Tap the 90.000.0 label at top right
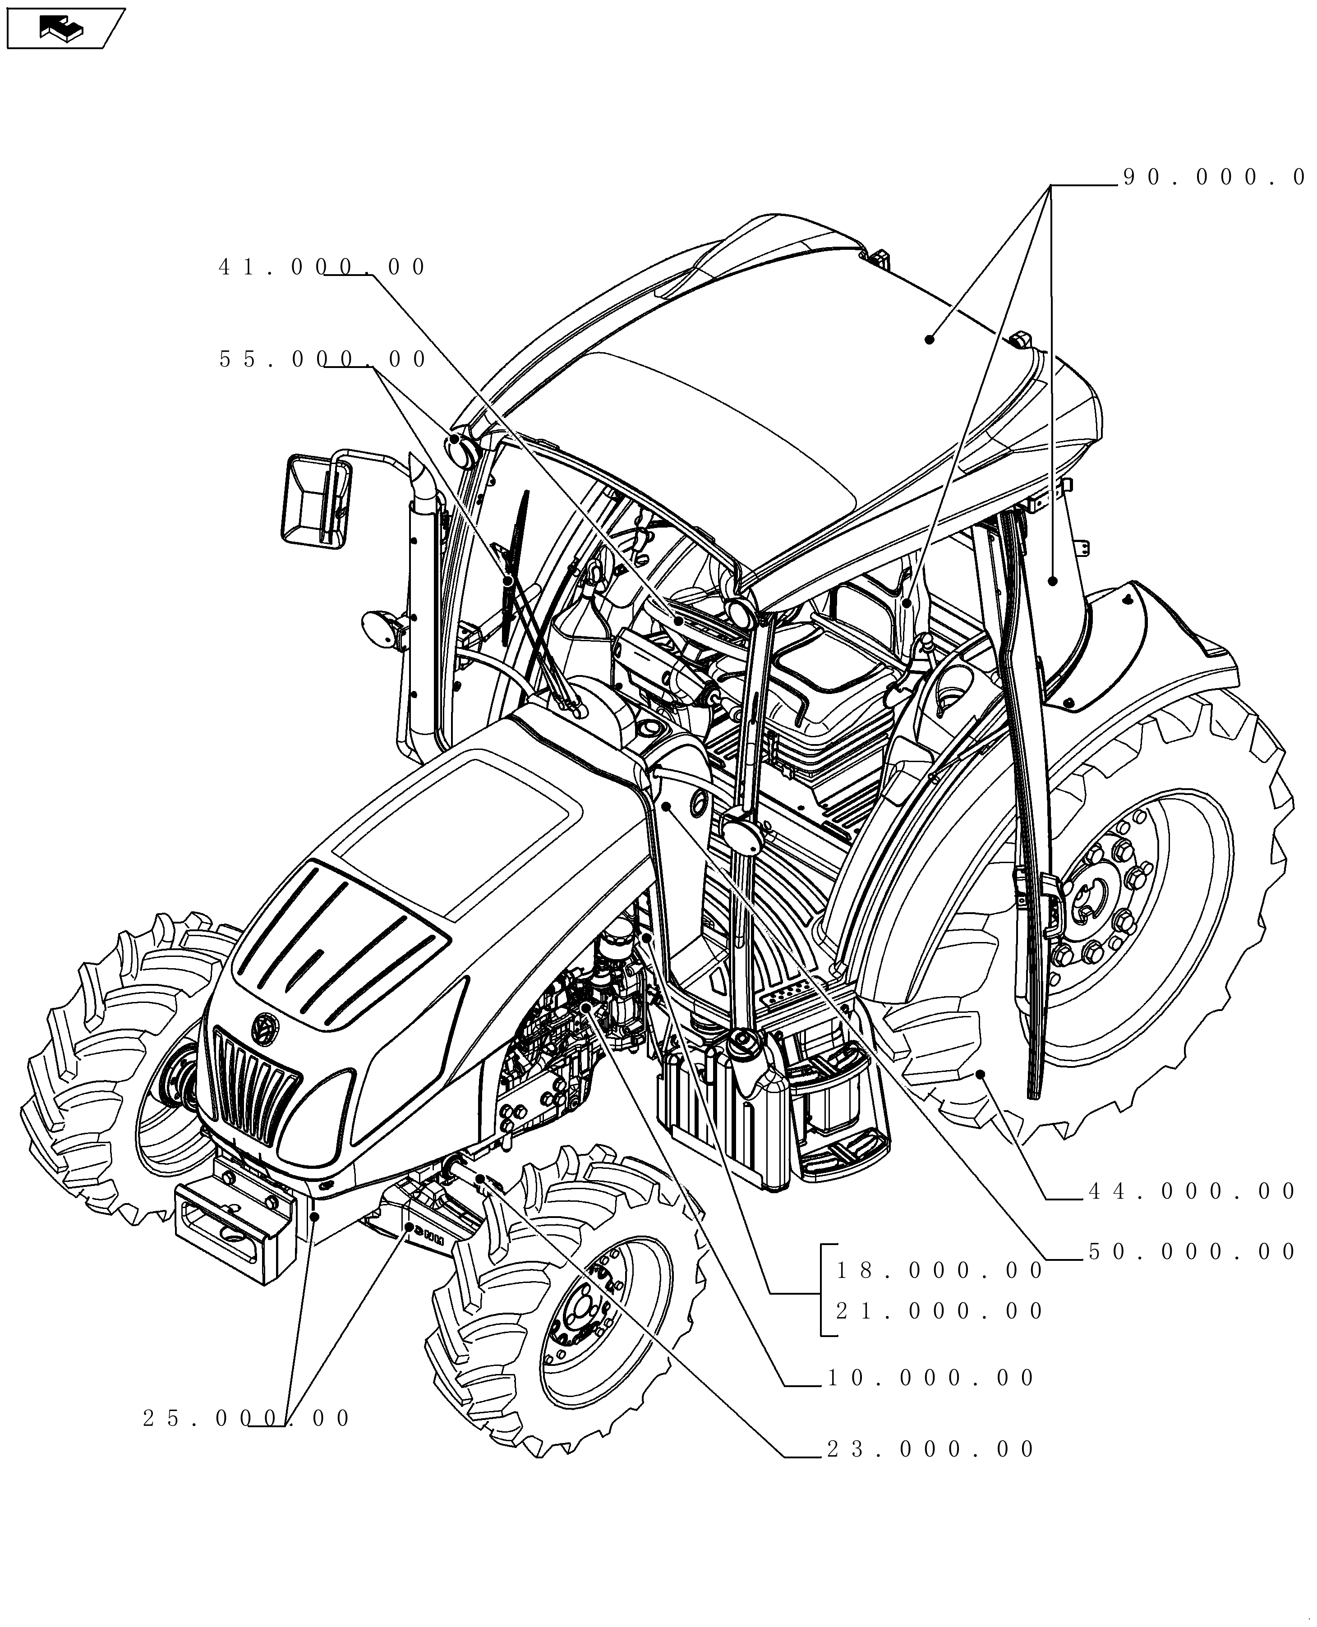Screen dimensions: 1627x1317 click(1214, 178)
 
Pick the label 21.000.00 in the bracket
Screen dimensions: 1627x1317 click(939, 1311)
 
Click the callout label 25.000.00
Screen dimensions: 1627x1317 click(247, 1418)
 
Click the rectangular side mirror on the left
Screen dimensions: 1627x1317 click(316, 501)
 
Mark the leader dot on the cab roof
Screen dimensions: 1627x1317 click(929, 339)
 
